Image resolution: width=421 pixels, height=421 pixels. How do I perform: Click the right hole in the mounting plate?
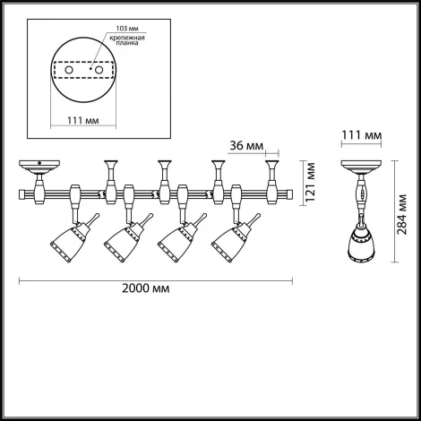[x=101, y=68]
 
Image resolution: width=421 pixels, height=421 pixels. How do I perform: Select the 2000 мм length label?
[x=153, y=290]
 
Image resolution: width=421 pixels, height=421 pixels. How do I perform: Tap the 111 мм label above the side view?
[x=362, y=135]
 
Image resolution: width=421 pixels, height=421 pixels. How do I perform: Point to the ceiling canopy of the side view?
[x=361, y=168]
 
